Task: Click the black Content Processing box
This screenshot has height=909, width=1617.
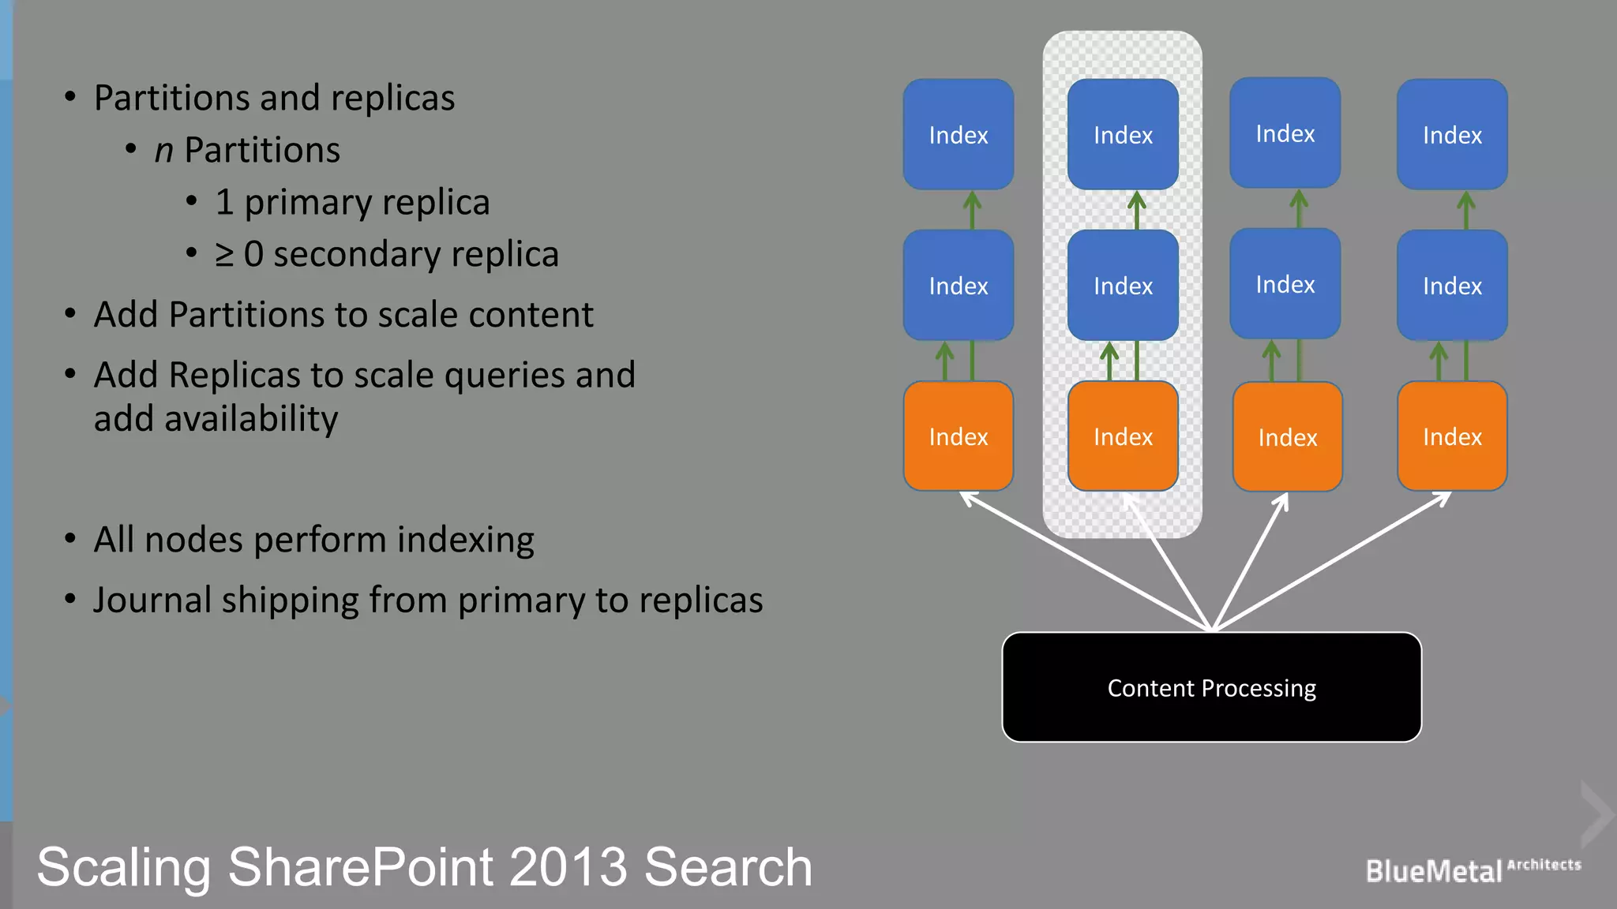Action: point(1211,687)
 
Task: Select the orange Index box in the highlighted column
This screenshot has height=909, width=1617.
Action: point(1123,436)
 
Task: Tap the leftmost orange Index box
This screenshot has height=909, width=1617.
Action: point(958,436)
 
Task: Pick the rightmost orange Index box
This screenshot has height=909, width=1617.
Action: point(1452,436)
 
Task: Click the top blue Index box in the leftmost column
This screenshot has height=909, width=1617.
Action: point(958,135)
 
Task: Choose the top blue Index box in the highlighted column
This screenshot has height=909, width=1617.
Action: point(1123,135)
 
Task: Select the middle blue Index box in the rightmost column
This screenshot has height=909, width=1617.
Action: point(1452,286)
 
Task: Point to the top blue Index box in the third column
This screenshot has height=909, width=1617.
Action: point(1285,133)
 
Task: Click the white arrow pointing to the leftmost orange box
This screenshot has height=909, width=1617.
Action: point(1082,559)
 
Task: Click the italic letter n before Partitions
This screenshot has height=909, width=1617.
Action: point(163,151)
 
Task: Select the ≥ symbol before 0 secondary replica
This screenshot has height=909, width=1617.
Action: point(224,255)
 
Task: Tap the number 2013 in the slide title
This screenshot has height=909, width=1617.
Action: point(568,867)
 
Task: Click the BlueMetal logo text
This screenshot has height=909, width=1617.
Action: point(1433,871)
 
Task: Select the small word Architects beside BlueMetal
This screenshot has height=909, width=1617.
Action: point(1544,864)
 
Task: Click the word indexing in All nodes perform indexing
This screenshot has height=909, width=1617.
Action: point(465,541)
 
